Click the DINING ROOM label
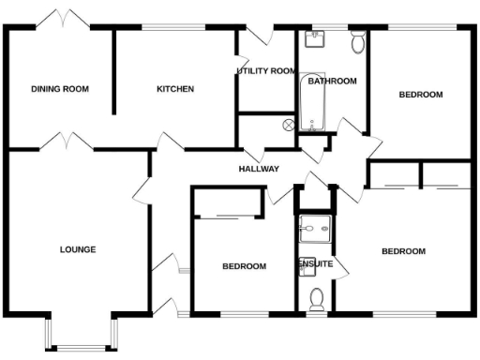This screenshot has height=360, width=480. [60, 90]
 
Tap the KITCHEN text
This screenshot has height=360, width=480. [175, 90]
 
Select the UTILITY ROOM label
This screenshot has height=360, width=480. [266, 71]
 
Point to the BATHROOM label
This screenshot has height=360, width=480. [333, 82]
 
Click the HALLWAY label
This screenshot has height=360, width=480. [259, 170]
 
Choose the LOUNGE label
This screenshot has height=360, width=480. [78, 249]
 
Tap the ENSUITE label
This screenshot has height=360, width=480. [316, 264]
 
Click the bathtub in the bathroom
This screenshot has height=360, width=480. [310, 104]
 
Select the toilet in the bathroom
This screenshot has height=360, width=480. [357, 44]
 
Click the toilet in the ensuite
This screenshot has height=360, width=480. [316, 297]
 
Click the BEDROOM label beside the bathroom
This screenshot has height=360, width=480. [421, 95]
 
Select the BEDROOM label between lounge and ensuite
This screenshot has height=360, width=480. [244, 266]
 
